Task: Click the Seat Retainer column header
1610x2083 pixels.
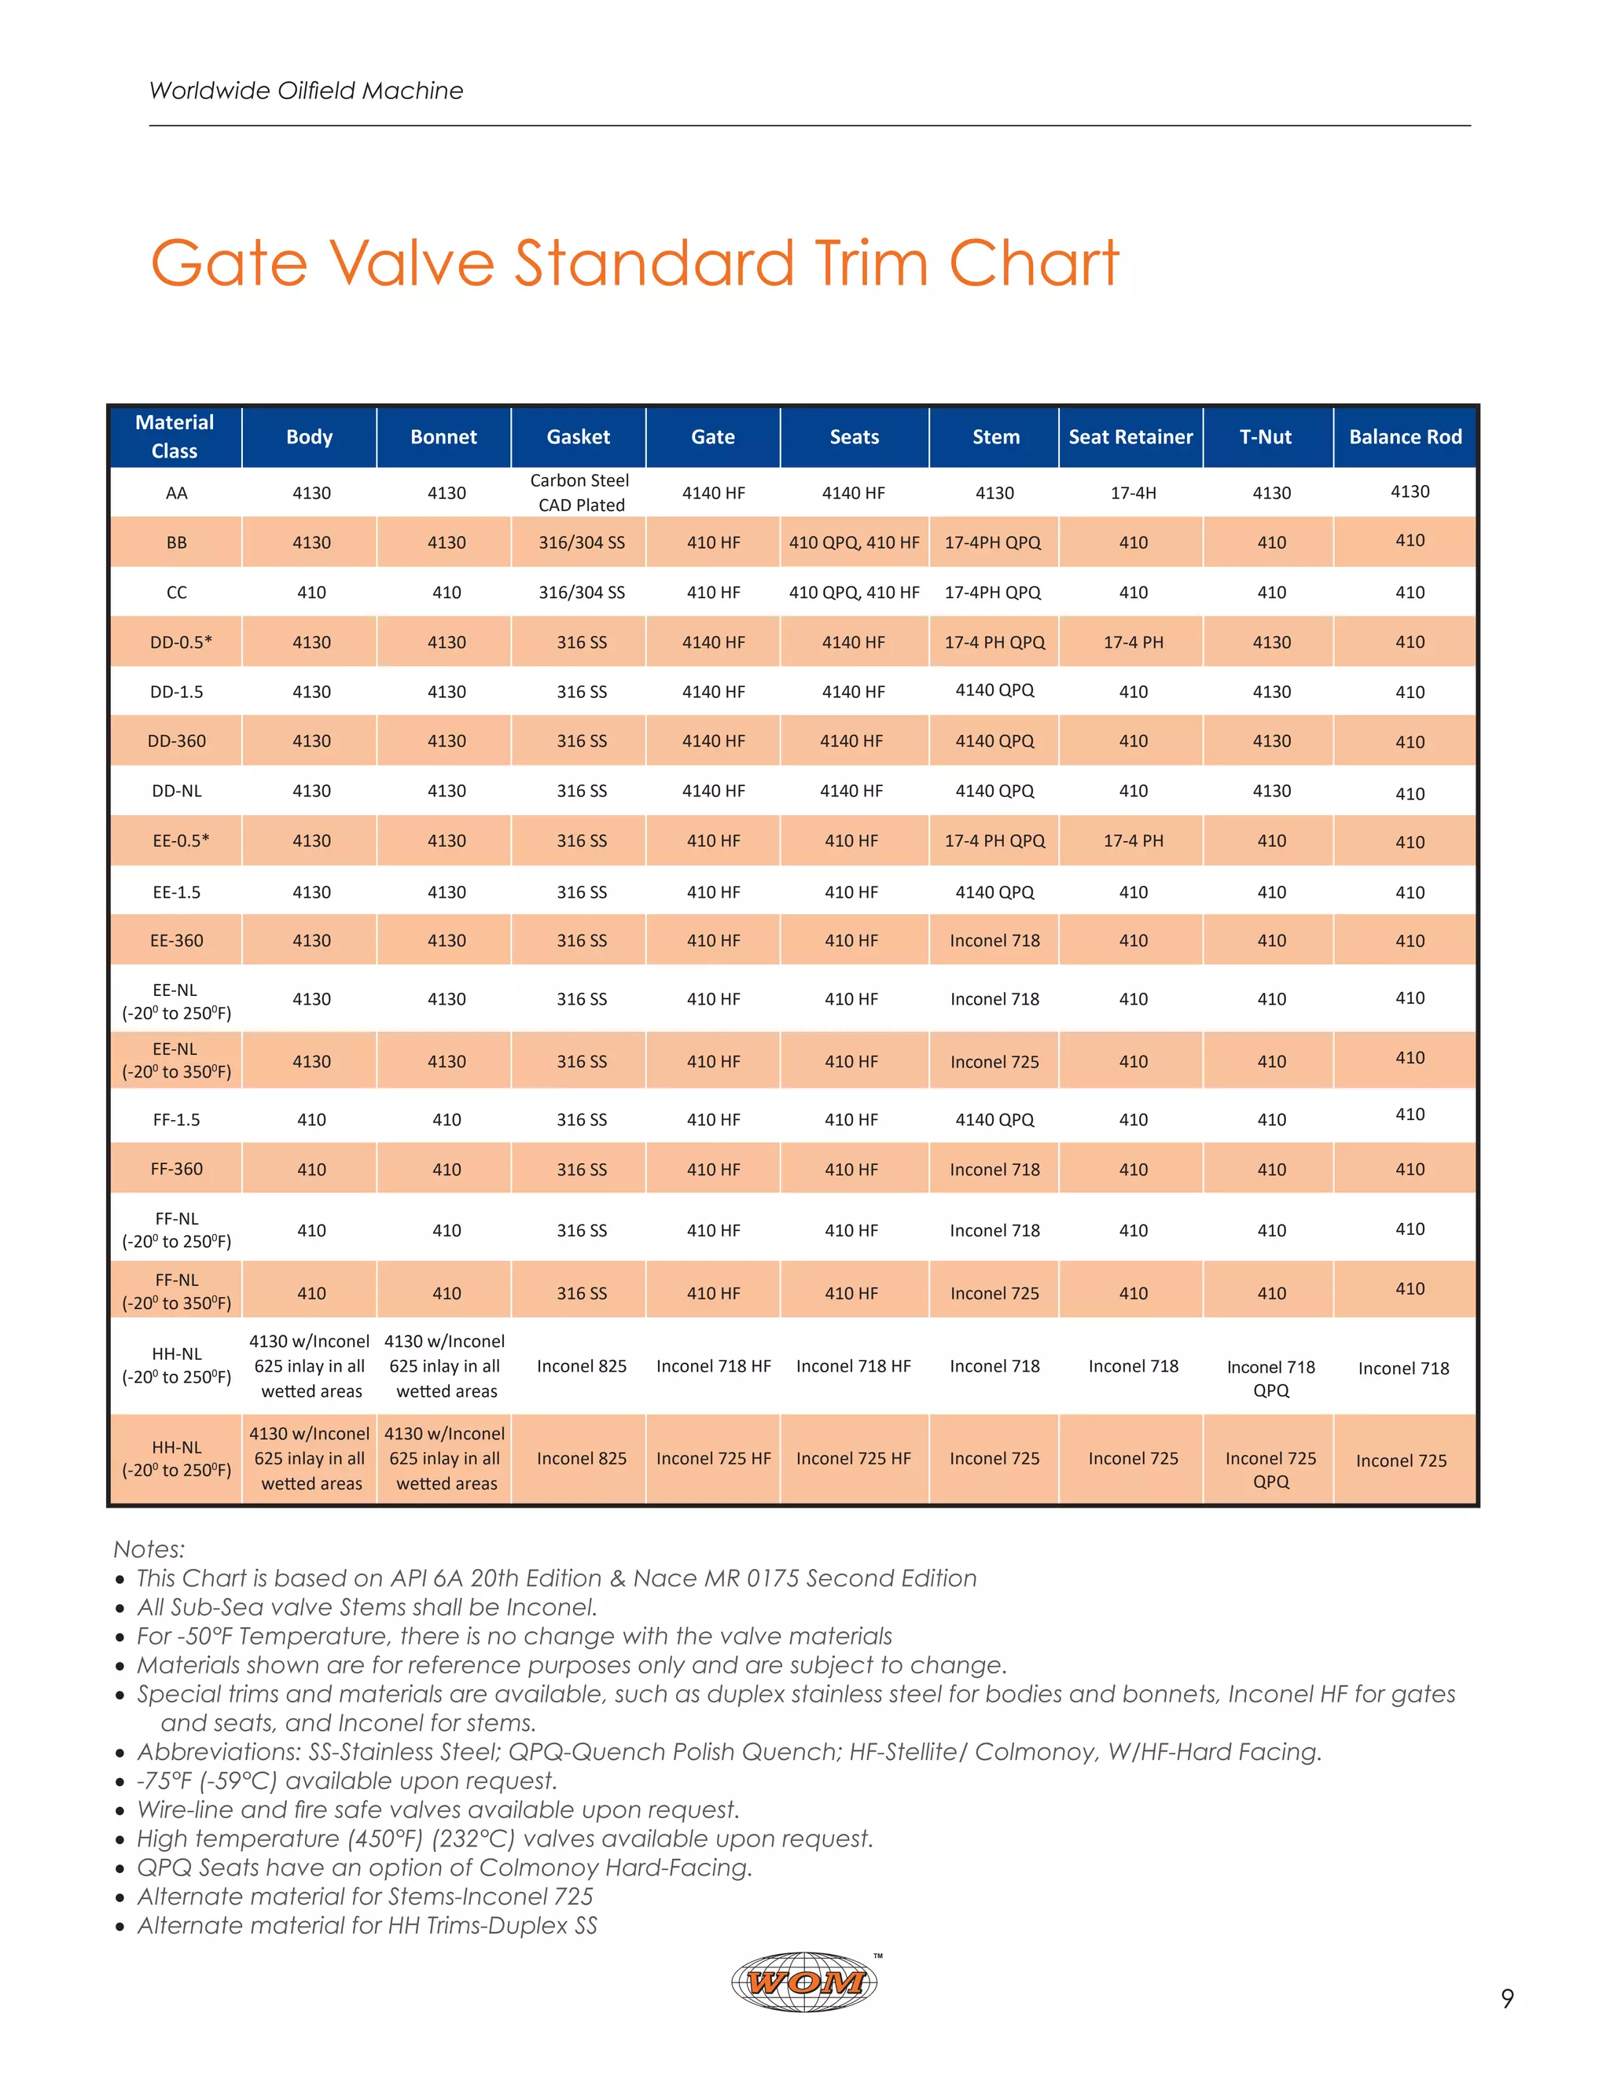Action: click(1130, 437)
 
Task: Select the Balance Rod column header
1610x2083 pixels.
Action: click(1405, 437)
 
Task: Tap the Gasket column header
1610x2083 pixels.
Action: click(578, 437)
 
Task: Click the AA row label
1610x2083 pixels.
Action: click(176, 493)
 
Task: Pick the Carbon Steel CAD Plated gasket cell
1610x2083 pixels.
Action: click(580, 493)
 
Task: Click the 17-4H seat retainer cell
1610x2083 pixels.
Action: click(1133, 493)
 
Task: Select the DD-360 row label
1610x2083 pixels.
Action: click(176, 741)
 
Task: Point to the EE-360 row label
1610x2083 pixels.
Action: click(176, 940)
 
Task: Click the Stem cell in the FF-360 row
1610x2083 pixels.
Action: click(994, 1170)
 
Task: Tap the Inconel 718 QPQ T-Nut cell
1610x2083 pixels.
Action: click(1270, 1378)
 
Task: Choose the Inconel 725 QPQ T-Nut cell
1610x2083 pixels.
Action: click(1270, 1470)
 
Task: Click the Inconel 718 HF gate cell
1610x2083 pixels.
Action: click(714, 1367)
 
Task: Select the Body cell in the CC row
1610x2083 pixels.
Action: click(312, 593)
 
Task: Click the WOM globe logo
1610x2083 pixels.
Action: click(805, 1982)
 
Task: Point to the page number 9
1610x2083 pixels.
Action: click(1507, 1998)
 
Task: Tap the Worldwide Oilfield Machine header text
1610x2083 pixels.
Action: click(306, 90)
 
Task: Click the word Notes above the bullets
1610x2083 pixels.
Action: click(149, 1549)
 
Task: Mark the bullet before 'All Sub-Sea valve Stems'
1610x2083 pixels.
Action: click(120, 1609)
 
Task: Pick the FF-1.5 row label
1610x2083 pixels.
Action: click(176, 1119)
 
